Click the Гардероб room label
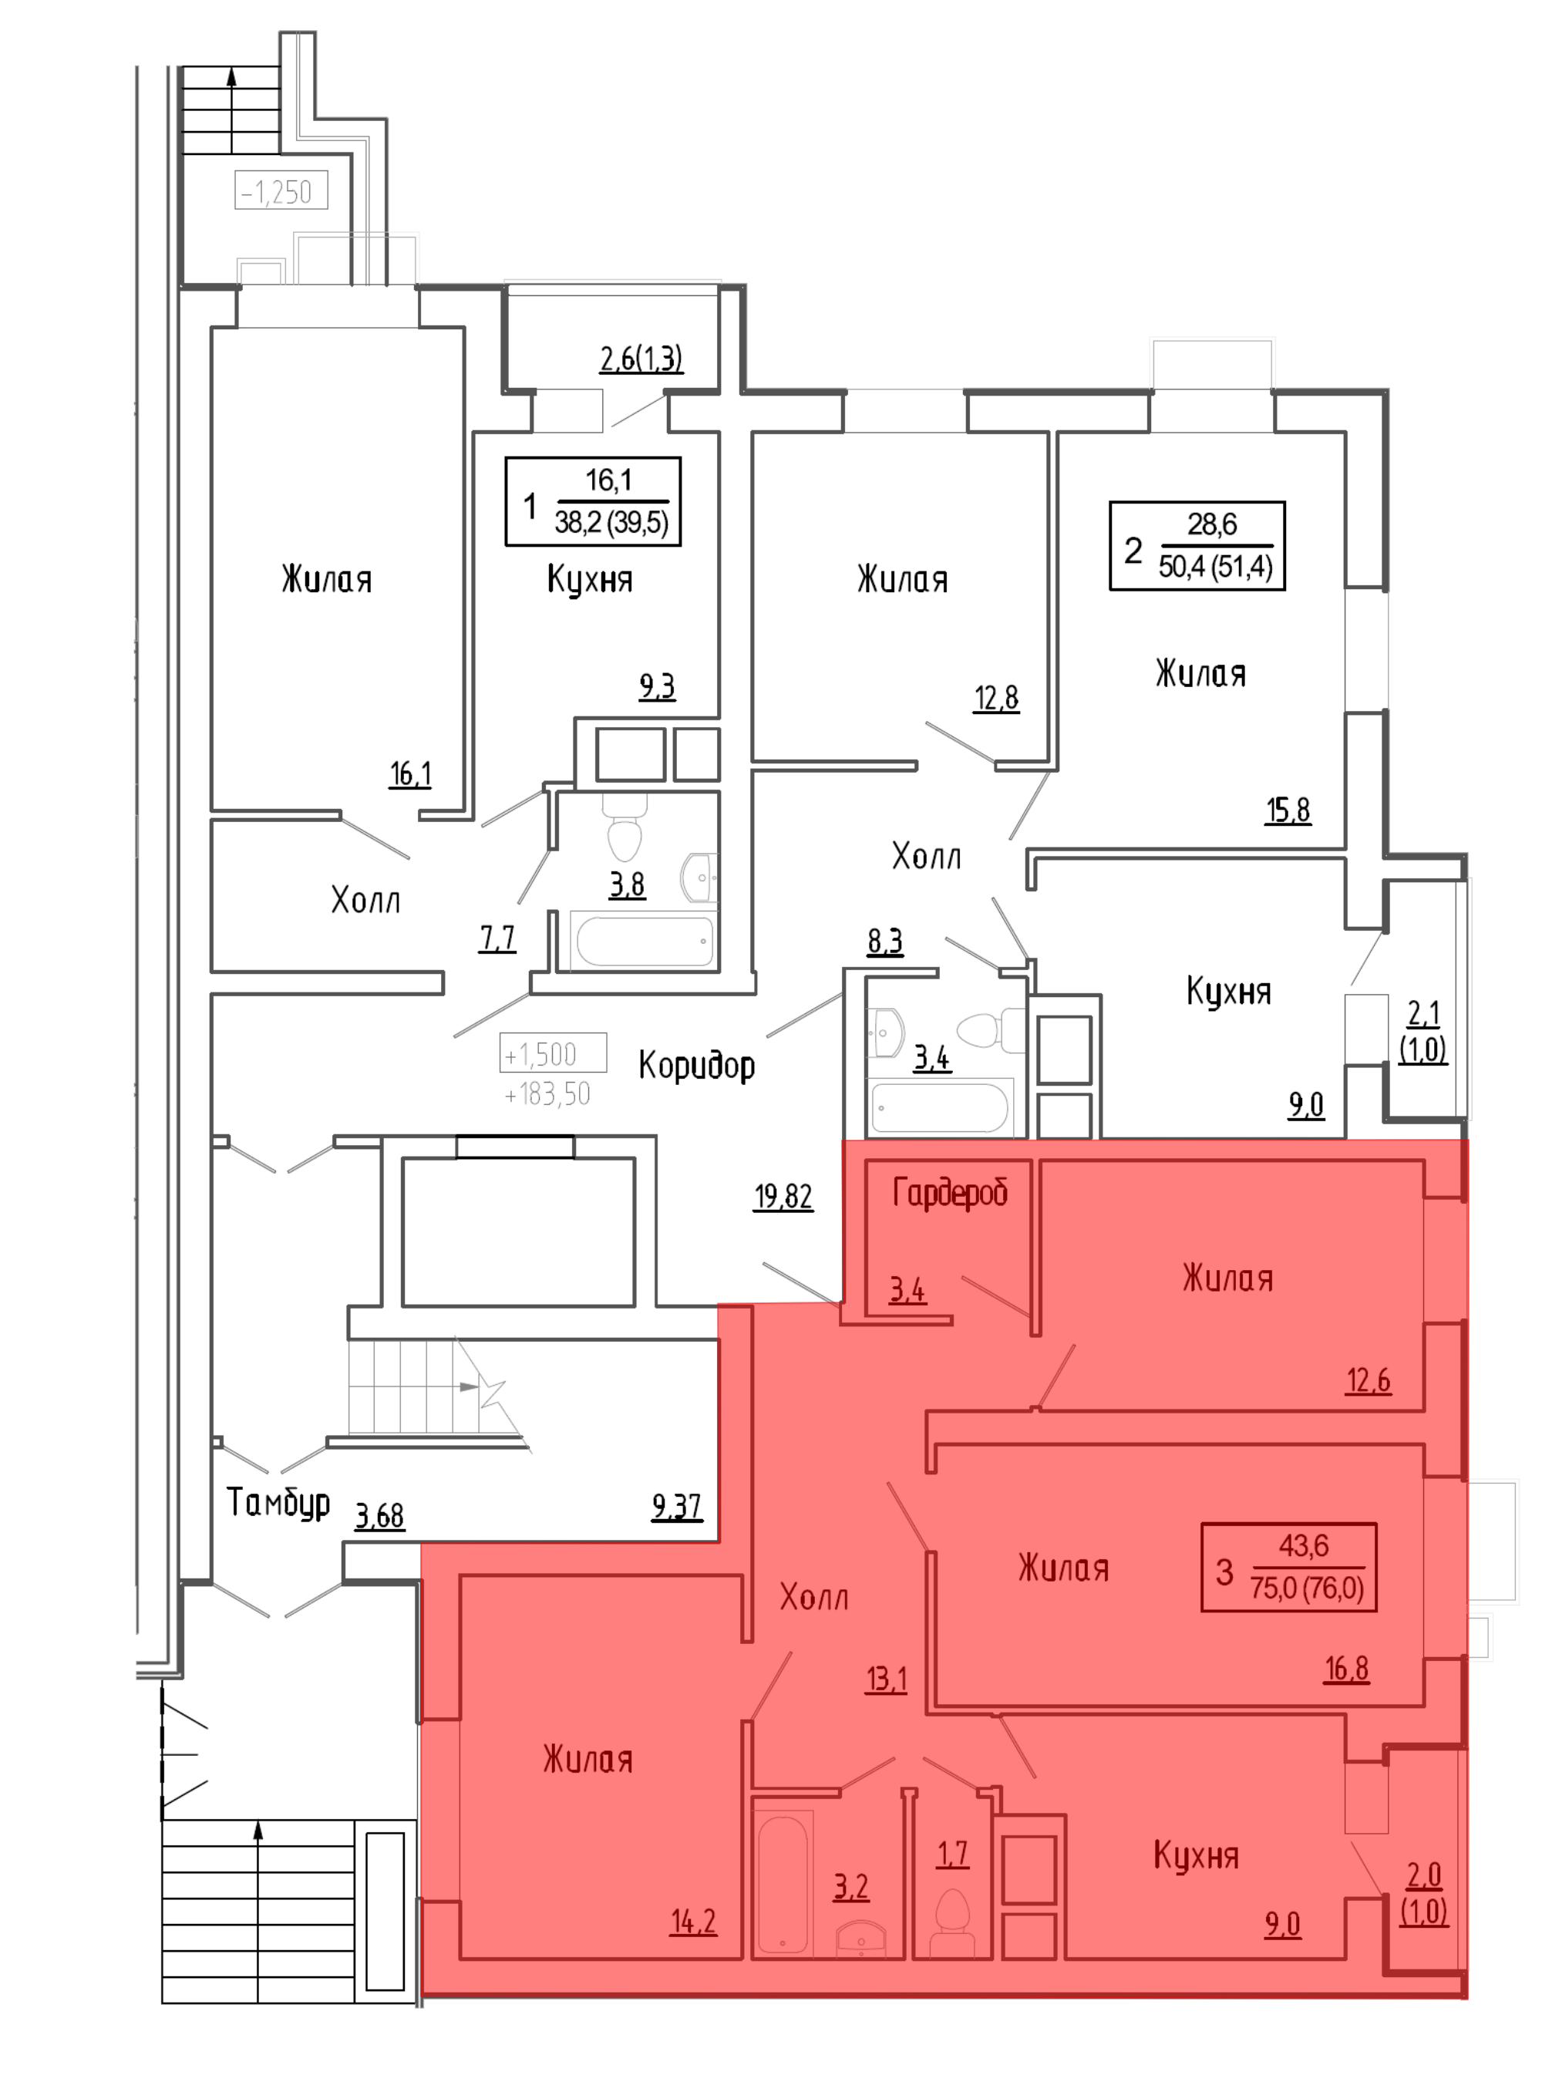pyautogui.click(x=949, y=1193)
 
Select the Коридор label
pyautogui.click(x=696, y=1065)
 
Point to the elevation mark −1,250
pyautogui.click(x=280, y=191)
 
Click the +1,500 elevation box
pyautogui.click(x=553, y=1053)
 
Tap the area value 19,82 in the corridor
pyautogui.click(x=783, y=1197)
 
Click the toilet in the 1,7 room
pyautogui.click(x=953, y=1917)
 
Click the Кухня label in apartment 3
pyautogui.click(x=1196, y=1855)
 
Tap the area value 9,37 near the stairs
pyautogui.click(x=677, y=1507)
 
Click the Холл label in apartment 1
pyautogui.click(x=365, y=901)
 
